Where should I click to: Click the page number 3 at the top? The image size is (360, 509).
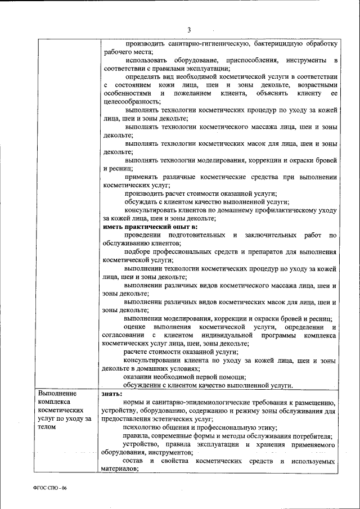tap(189, 30)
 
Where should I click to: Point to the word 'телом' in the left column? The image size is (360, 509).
tap(48, 427)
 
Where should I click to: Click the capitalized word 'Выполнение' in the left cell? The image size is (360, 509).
tap(57, 394)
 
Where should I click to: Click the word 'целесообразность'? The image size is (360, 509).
tap(131, 101)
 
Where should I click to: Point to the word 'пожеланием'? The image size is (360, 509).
tap(191, 93)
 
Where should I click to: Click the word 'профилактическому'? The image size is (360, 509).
tap(277, 210)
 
